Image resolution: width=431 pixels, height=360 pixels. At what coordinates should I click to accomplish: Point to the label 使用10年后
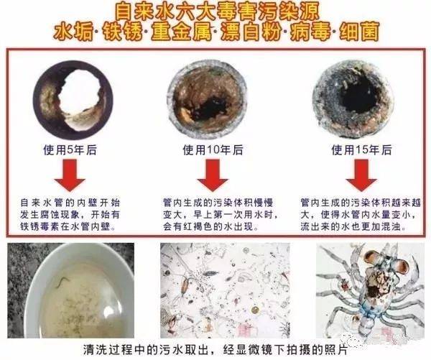(213, 151)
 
